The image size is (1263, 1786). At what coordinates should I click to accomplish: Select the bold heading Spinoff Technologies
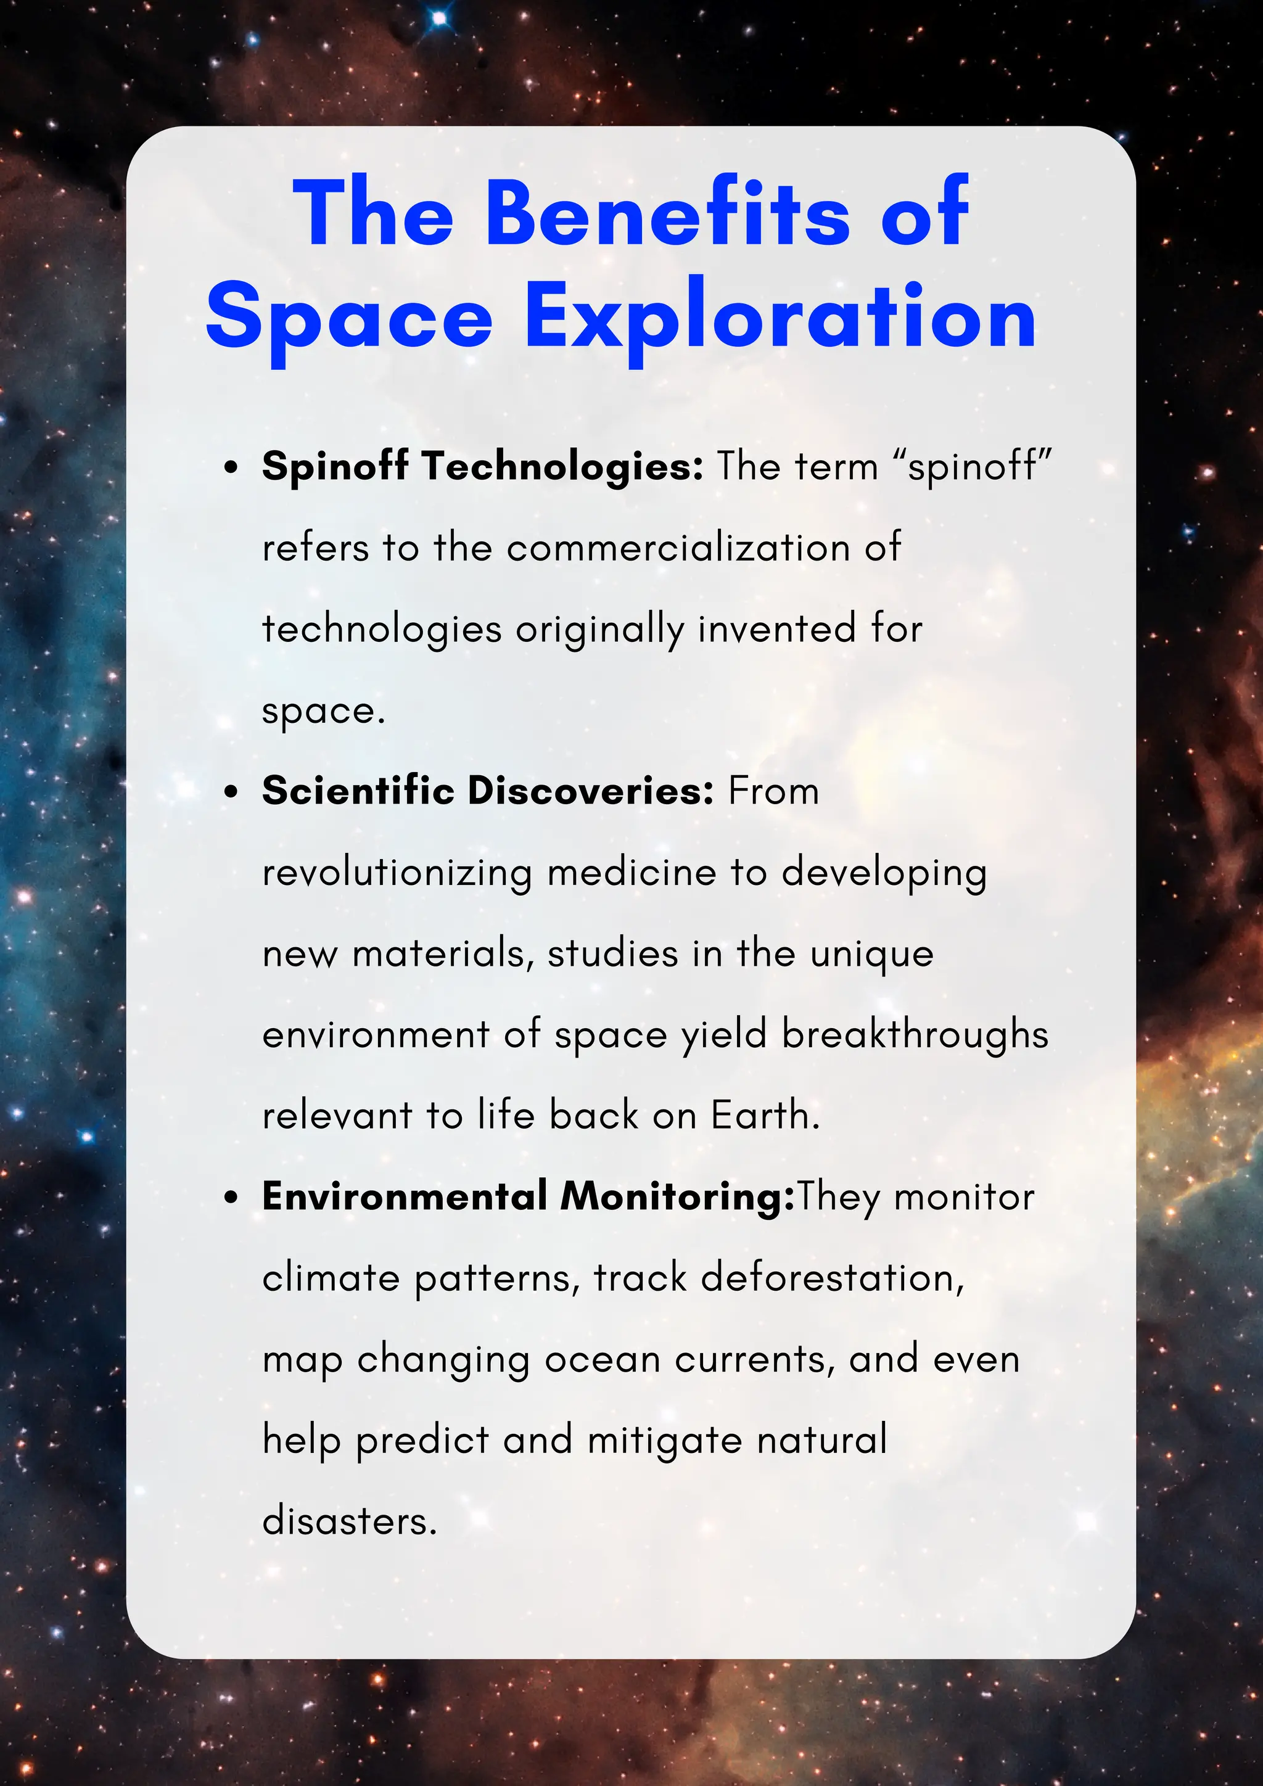[482, 466]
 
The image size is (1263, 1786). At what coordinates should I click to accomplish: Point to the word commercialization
[678, 548]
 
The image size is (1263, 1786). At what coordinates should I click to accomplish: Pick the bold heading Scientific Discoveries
[488, 791]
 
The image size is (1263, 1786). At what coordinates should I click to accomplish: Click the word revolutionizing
[397, 873]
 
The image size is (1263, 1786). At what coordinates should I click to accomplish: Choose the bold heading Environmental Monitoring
[527, 1196]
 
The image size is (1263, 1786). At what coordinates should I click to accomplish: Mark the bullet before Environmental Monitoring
[230, 1199]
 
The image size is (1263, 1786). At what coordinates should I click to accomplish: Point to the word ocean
[602, 1360]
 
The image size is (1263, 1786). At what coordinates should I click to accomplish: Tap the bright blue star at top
[440, 17]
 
